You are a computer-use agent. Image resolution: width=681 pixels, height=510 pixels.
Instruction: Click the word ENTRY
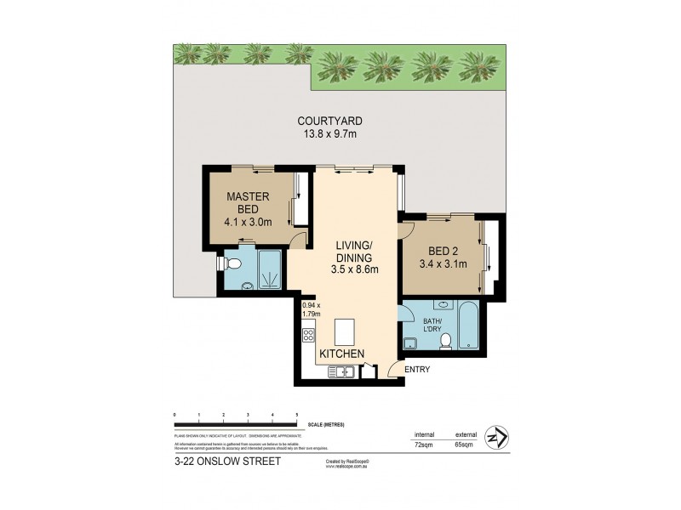[x=418, y=368]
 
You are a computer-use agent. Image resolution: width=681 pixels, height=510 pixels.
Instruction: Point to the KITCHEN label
[x=342, y=354]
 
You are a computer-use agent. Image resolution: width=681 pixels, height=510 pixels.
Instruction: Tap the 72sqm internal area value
[x=423, y=444]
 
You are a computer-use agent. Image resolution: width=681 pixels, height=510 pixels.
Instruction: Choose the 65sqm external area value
[x=466, y=444]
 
